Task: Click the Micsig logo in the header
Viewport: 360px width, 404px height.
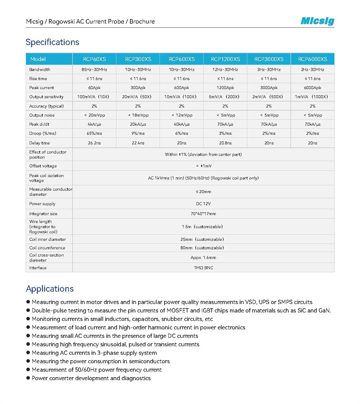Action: [x=317, y=21]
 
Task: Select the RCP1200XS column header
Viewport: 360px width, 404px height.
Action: [x=225, y=59]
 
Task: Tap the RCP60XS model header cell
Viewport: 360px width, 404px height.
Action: [x=94, y=59]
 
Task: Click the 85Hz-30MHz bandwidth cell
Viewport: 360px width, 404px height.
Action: [x=94, y=69]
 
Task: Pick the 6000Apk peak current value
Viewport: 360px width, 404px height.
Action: [x=312, y=87]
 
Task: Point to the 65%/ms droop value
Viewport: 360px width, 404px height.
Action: [x=94, y=133]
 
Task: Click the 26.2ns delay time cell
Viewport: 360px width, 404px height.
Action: [x=94, y=143]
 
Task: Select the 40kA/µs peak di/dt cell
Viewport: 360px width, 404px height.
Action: [x=182, y=124]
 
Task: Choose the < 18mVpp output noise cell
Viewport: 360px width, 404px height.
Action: [x=138, y=115]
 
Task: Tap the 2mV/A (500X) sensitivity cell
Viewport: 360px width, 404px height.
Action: [x=269, y=97]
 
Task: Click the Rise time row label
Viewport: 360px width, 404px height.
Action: [x=38, y=78]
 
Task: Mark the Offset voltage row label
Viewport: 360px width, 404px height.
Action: [x=43, y=166]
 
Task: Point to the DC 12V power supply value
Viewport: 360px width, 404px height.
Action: [x=203, y=204]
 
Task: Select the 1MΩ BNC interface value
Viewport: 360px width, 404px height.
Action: [x=203, y=268]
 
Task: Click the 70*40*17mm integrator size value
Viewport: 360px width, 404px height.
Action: [x=203, y=214]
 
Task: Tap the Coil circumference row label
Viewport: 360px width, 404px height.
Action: [x=47, y=248]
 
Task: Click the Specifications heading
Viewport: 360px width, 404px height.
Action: [x=52, y=42]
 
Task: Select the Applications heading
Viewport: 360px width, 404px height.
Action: [x=50, y=289]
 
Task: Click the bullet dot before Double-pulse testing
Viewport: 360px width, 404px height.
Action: [x=28, y=310]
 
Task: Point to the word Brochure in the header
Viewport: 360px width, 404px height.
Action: [x=142, y=22]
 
